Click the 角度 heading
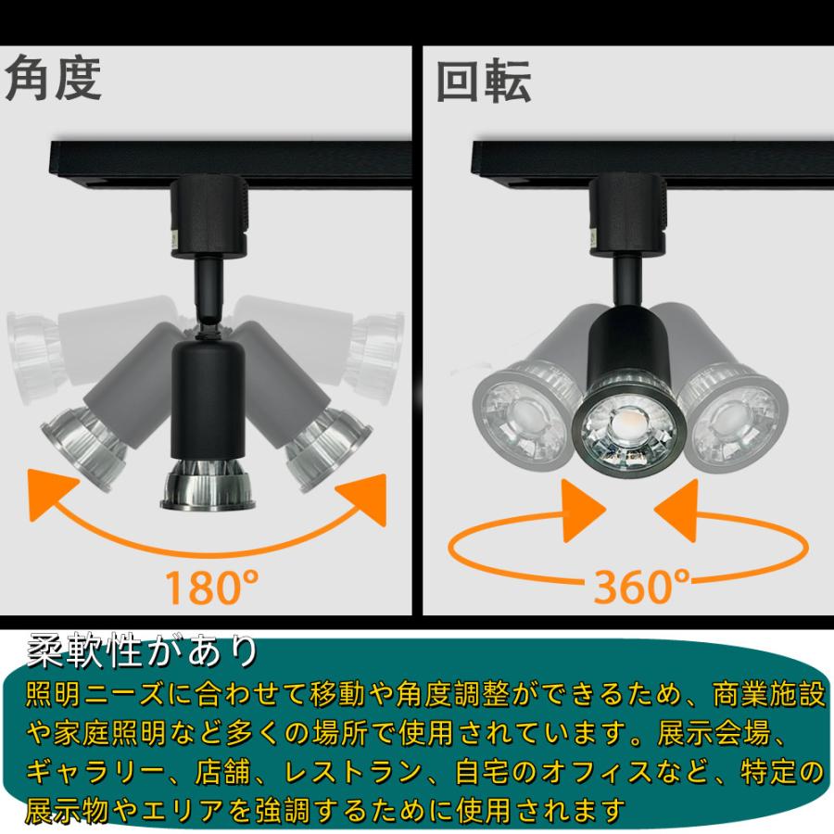point(53,80)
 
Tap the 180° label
point(211,586)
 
